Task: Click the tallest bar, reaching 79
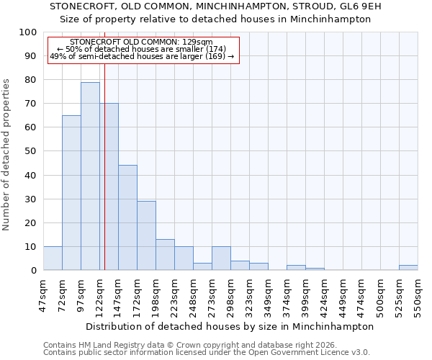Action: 90,176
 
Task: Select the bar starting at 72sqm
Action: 71,193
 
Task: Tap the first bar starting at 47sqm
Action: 53,258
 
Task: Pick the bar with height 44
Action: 127,217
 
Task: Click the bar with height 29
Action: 146,235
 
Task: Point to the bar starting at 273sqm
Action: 221,258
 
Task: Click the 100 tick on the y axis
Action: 28,32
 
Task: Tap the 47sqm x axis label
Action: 43,292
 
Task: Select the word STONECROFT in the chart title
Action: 82,6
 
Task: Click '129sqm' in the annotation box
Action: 197,42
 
